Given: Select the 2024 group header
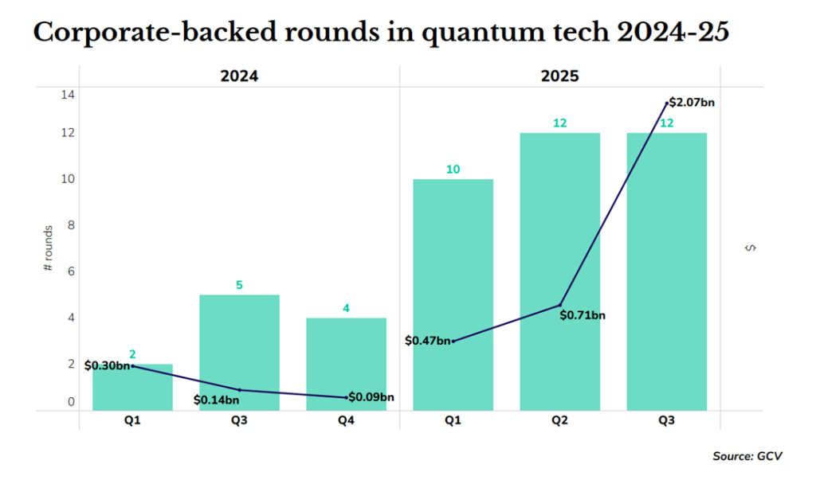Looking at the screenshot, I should (239, 76).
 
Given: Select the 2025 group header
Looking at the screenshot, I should (559, 76).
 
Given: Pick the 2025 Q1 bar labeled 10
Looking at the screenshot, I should (453, 295).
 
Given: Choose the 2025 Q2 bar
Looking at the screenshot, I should (559, 271).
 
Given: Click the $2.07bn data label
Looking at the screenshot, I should (692, 102).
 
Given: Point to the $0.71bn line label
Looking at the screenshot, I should (583, 315).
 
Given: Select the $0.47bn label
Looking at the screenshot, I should (427, 341).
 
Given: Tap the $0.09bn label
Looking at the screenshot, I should (371, 396).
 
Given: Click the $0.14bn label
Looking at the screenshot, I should (216, 399).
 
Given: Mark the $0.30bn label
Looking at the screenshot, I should (107, 365).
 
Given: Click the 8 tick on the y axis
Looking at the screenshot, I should (70, 224).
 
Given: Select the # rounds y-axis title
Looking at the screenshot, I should (48, 249).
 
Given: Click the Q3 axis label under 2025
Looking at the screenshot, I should (666, 420).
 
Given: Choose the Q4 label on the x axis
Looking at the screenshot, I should (346, 420).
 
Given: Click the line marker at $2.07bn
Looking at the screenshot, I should (667, 103).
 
